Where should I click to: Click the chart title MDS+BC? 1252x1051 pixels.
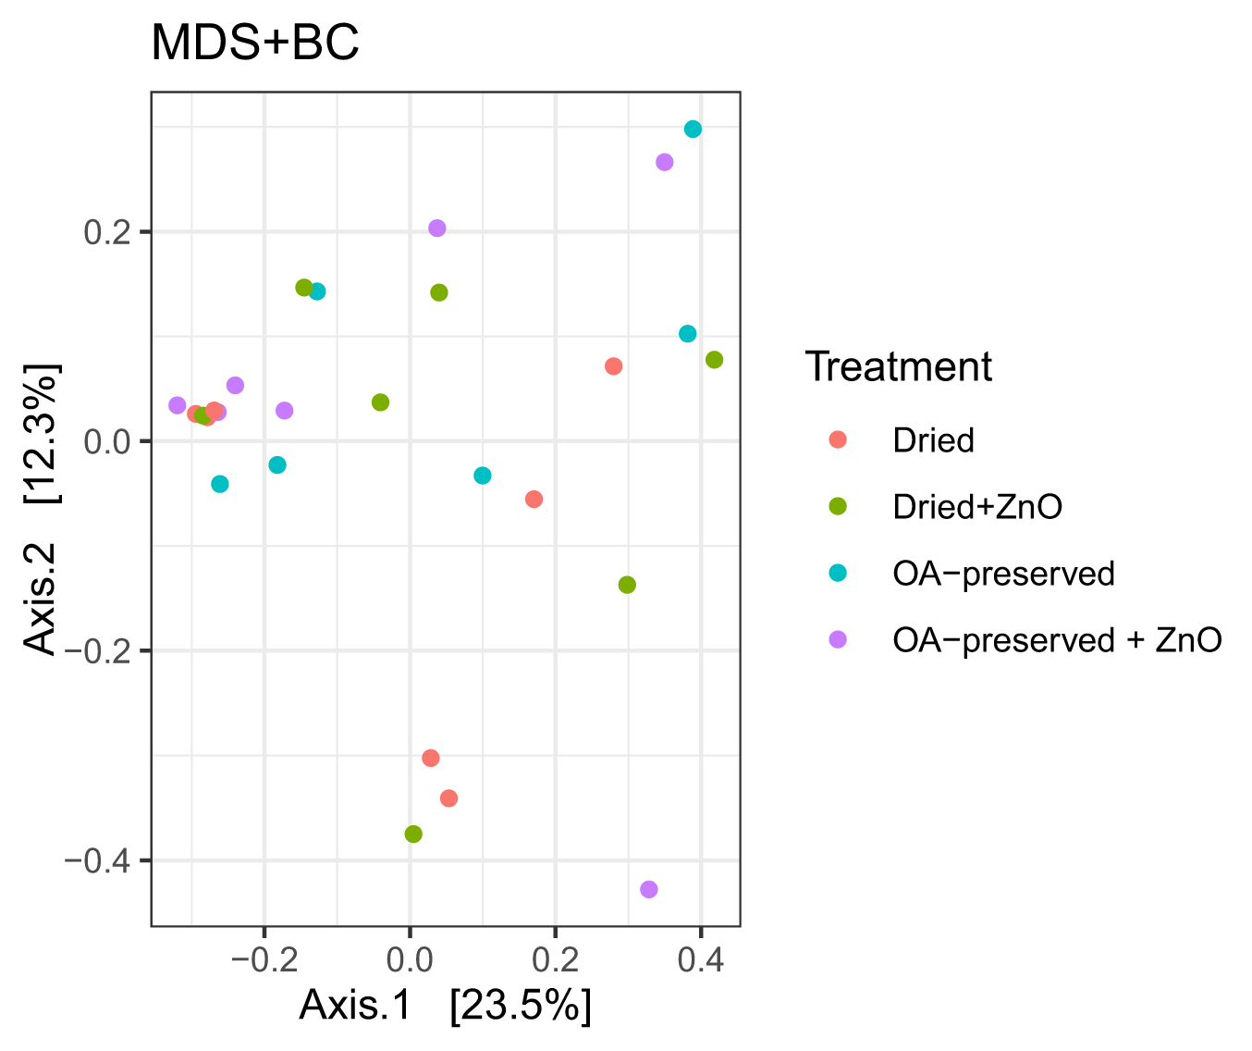[254, 43]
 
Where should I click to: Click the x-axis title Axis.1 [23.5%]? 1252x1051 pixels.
[445, 1006]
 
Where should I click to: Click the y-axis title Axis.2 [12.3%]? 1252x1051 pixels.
[42, 509]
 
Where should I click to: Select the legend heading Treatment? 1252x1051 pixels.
[898, 366]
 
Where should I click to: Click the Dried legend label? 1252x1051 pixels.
[933, 440]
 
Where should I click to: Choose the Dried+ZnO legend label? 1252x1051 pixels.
[977, 507]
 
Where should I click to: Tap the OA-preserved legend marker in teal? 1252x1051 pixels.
[838, 574]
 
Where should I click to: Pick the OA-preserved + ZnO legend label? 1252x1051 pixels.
[1057, 640]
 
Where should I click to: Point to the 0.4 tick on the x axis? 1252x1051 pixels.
[700, 959]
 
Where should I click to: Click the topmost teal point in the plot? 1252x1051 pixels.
[693, 130]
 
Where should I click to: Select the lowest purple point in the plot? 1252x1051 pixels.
[649, 889]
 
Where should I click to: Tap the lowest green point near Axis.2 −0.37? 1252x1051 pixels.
[413, 834]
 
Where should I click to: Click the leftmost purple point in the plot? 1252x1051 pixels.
[178, 405]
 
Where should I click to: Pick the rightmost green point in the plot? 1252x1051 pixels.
[714, 360]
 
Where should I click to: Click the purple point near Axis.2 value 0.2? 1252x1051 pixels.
[437, 229]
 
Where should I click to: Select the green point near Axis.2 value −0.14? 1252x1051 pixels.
[627, 585]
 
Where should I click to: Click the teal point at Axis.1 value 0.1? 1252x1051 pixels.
[482, 476]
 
